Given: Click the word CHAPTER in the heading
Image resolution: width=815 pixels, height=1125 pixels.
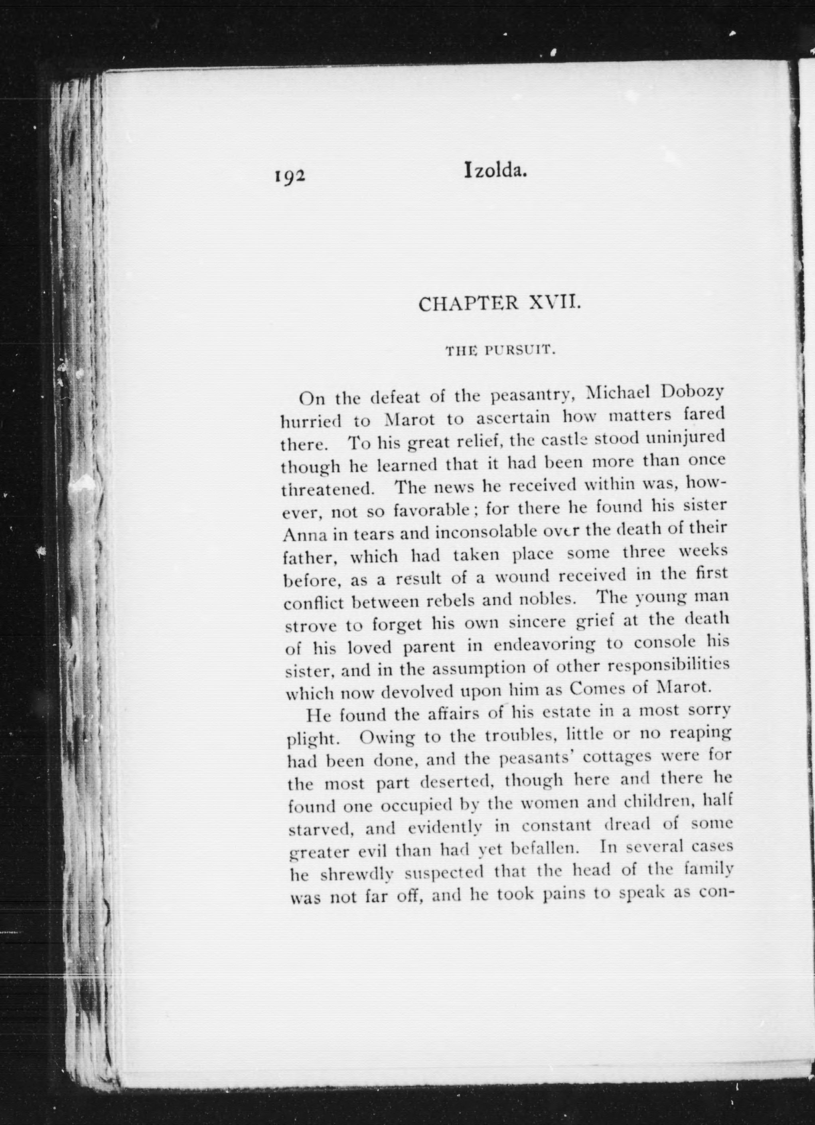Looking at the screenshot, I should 464,304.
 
